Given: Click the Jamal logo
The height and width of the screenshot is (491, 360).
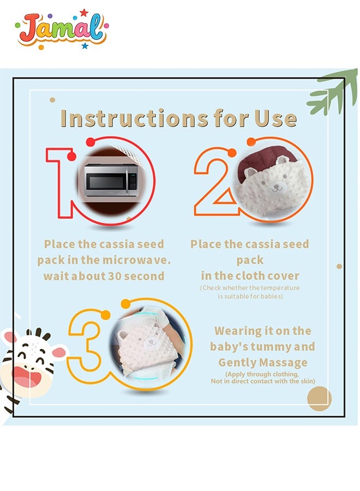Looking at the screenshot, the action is point(62,29).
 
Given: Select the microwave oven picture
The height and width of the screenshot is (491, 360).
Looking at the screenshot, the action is point(111,180).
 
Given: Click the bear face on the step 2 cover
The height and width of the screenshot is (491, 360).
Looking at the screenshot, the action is point(276,186).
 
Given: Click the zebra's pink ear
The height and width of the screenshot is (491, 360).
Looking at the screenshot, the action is point(59,352).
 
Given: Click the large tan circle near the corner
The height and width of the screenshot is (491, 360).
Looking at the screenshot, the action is point(319,398).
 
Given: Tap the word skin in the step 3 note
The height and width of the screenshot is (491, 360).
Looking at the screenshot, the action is point(308,381).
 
